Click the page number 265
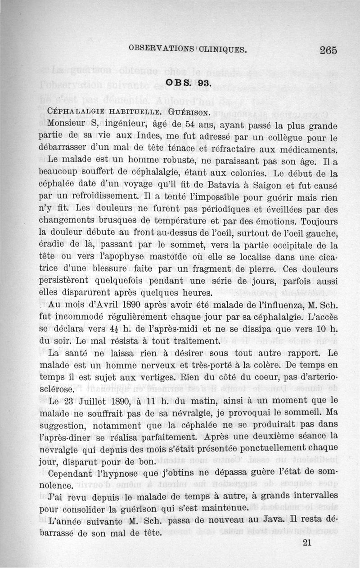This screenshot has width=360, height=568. pyautogui.click(x=328, y=50)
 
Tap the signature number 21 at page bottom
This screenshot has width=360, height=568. pyautogui.click(x=307, y=542)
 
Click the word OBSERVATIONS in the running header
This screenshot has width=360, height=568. pyautogui.click(x=161, y=49)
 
